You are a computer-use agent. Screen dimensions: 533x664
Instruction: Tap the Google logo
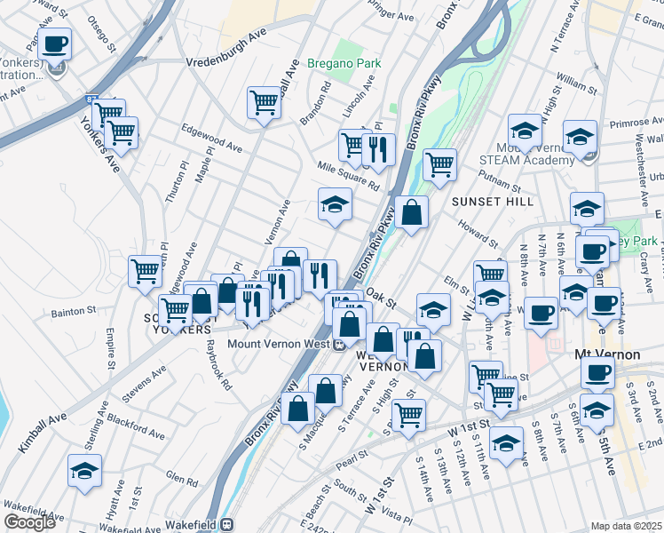pos(28,522)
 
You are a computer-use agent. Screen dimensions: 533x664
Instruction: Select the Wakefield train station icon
pos(227,525)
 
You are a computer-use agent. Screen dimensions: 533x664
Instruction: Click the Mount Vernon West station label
pos(279,345)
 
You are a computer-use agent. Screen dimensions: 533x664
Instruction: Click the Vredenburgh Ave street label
pos(226,62)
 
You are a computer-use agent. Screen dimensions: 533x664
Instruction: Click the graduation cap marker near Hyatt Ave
pos(85,470)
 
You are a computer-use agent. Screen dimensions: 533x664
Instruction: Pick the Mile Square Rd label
pos(350,175)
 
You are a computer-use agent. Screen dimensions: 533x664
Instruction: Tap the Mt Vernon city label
pos(607,354)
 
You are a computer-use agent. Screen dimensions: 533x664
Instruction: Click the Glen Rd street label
pos(182,480)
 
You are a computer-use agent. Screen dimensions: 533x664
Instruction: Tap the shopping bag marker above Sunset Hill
pos(413,211)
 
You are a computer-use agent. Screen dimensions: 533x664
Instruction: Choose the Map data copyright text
pos(627,526)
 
